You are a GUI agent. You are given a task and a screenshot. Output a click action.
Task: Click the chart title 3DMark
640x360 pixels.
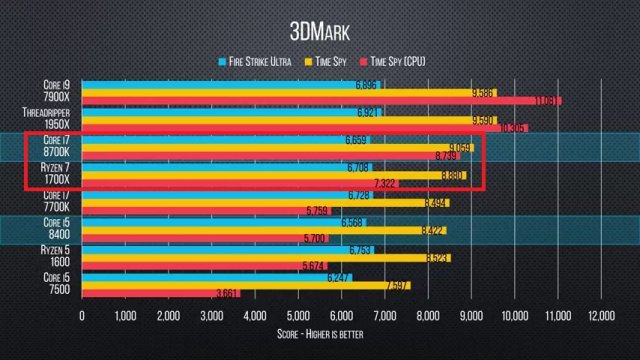click(x=319, y=27)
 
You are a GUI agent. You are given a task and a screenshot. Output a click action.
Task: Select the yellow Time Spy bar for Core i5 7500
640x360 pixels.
click(x=240, y=284)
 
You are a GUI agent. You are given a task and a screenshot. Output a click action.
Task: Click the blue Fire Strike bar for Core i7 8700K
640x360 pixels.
click(x=220, y=139)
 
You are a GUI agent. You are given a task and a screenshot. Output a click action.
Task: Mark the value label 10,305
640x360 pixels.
click(x=513, y=129)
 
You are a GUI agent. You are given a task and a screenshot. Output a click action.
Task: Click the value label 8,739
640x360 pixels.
click(x=445, y=156)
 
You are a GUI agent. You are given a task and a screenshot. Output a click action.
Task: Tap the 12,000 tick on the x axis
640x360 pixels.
click(x=600, y=316)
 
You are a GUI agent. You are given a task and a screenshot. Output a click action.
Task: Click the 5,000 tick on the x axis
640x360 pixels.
click(x=298, y=316)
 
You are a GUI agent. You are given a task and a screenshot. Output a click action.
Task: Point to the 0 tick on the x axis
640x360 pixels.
click(x=82, y=316)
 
